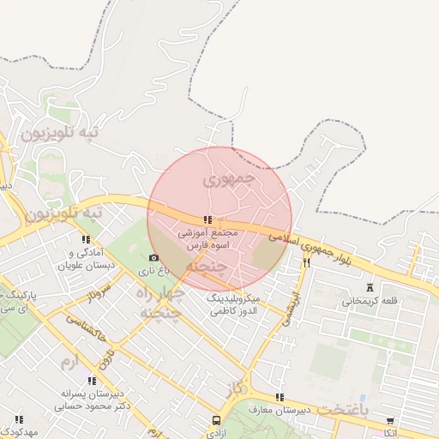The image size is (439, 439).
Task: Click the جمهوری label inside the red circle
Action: coord(229,181)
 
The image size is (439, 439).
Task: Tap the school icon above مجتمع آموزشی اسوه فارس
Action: coord(207,219)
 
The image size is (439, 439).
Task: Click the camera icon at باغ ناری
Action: coord(154,258)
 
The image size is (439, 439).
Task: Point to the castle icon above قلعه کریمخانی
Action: coord(370,287)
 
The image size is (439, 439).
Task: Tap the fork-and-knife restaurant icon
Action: coord(306,262)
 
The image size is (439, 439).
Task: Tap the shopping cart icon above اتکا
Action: coord(390,421)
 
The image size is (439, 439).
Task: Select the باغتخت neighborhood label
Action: coord(341,409)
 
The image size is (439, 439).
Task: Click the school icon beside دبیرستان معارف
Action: coord(280,397)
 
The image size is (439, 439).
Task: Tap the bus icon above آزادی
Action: coord(216,421)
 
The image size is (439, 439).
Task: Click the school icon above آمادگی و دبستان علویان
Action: coord(85,239)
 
